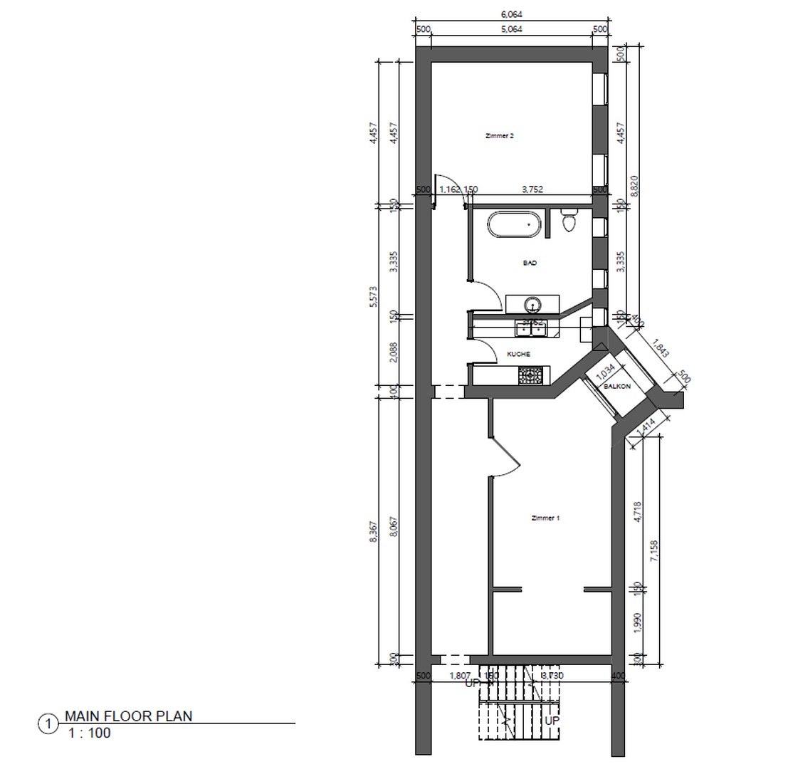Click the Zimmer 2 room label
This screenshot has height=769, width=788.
coord(499,135)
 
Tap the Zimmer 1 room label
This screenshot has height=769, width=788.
coord(545,518)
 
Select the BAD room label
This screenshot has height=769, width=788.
coord(530,263)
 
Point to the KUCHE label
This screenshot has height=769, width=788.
coord(518,354)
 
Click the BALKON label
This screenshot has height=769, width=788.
coord(616,386)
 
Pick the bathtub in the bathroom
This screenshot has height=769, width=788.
coord(513,225)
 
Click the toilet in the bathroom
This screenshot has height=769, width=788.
coord(569,222)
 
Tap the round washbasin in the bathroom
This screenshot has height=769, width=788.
coord(532,305)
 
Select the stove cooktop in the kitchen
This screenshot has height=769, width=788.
coord(530,375)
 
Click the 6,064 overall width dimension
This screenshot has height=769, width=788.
coord(512,14)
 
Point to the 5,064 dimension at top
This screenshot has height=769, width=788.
coord(512,29)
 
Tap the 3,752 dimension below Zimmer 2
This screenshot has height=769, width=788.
coord(532,189)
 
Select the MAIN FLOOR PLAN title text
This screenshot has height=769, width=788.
coord(128,716)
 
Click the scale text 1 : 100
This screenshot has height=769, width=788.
coord(90,733)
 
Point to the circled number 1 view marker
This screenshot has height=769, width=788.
coord(48,725)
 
